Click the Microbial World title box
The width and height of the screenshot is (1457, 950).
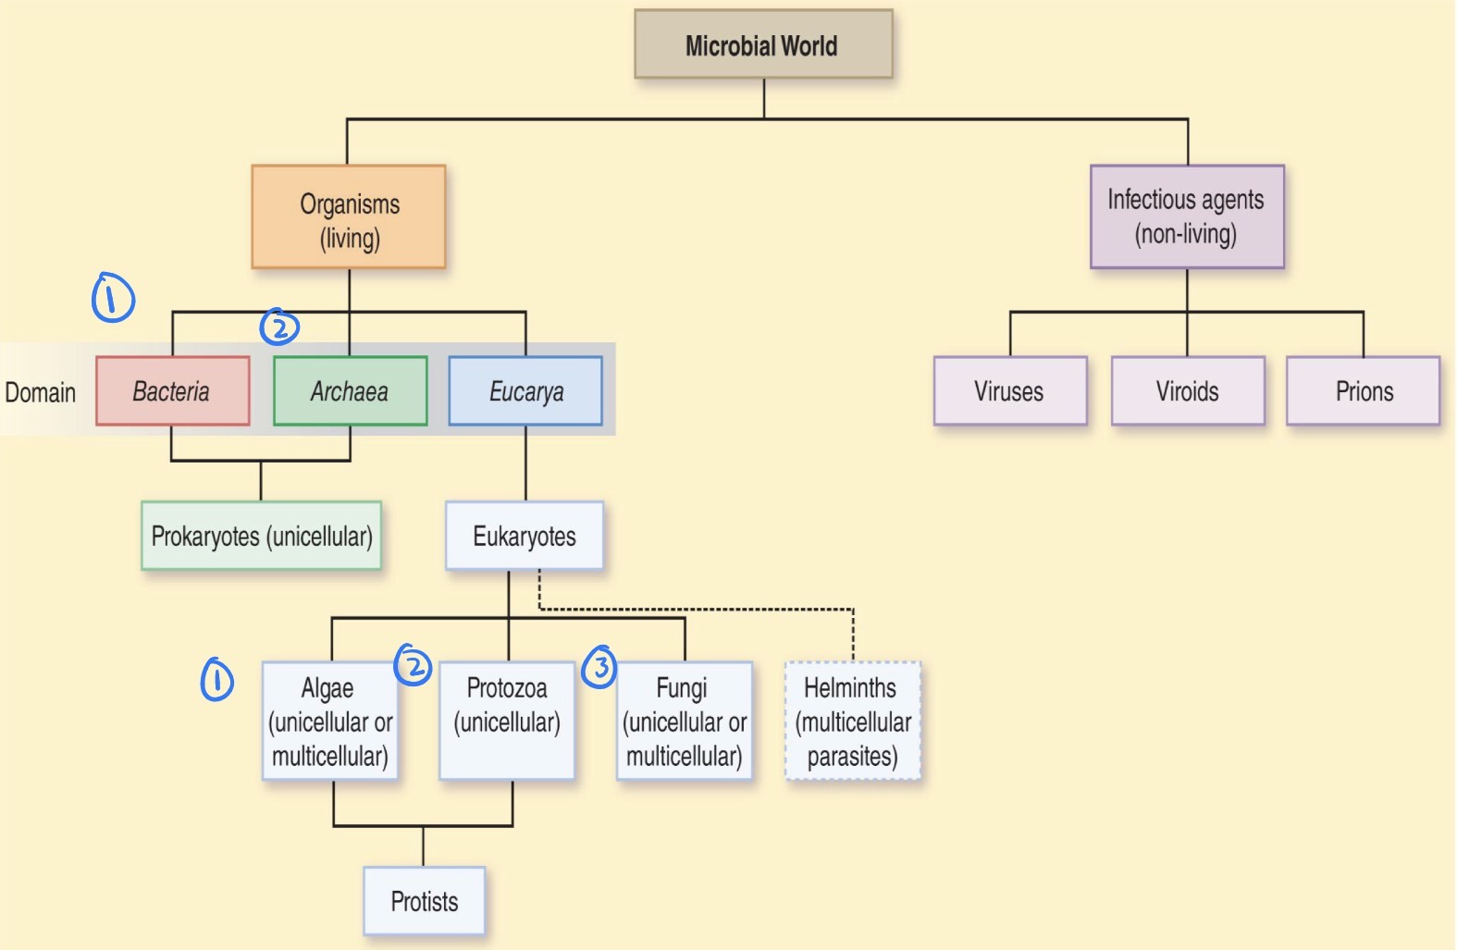coord(763,44)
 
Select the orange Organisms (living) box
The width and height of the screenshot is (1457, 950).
coord(349,217)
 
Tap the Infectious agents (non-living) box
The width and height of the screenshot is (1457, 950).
coord(1187,216)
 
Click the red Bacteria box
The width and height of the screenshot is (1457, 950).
coord(172,391)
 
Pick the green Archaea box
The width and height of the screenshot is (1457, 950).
coord(350,391)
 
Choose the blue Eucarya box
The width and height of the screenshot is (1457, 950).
coord(525,391)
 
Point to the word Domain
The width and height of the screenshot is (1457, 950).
coord(41,392)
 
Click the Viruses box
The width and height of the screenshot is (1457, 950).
coord(1009,391)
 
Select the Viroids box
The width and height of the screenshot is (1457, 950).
coord(1187,391)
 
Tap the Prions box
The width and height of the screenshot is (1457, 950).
coord(1364,391)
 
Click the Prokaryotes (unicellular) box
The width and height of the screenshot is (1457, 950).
coord(261,536)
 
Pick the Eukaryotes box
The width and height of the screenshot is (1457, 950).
coord(525,536)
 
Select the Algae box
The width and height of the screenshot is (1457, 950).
coord(330,722)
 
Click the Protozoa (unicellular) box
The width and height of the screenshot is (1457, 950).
coord(507,722)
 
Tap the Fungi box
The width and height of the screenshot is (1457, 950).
coord(685,722)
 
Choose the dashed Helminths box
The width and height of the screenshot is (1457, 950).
coord(853,722)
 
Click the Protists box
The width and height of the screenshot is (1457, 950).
coord(424,901)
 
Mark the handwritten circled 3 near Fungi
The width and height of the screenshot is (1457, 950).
coord(599,666)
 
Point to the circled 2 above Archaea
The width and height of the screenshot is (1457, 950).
coord(279,327)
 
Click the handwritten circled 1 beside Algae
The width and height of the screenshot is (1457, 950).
coord(217,681)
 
